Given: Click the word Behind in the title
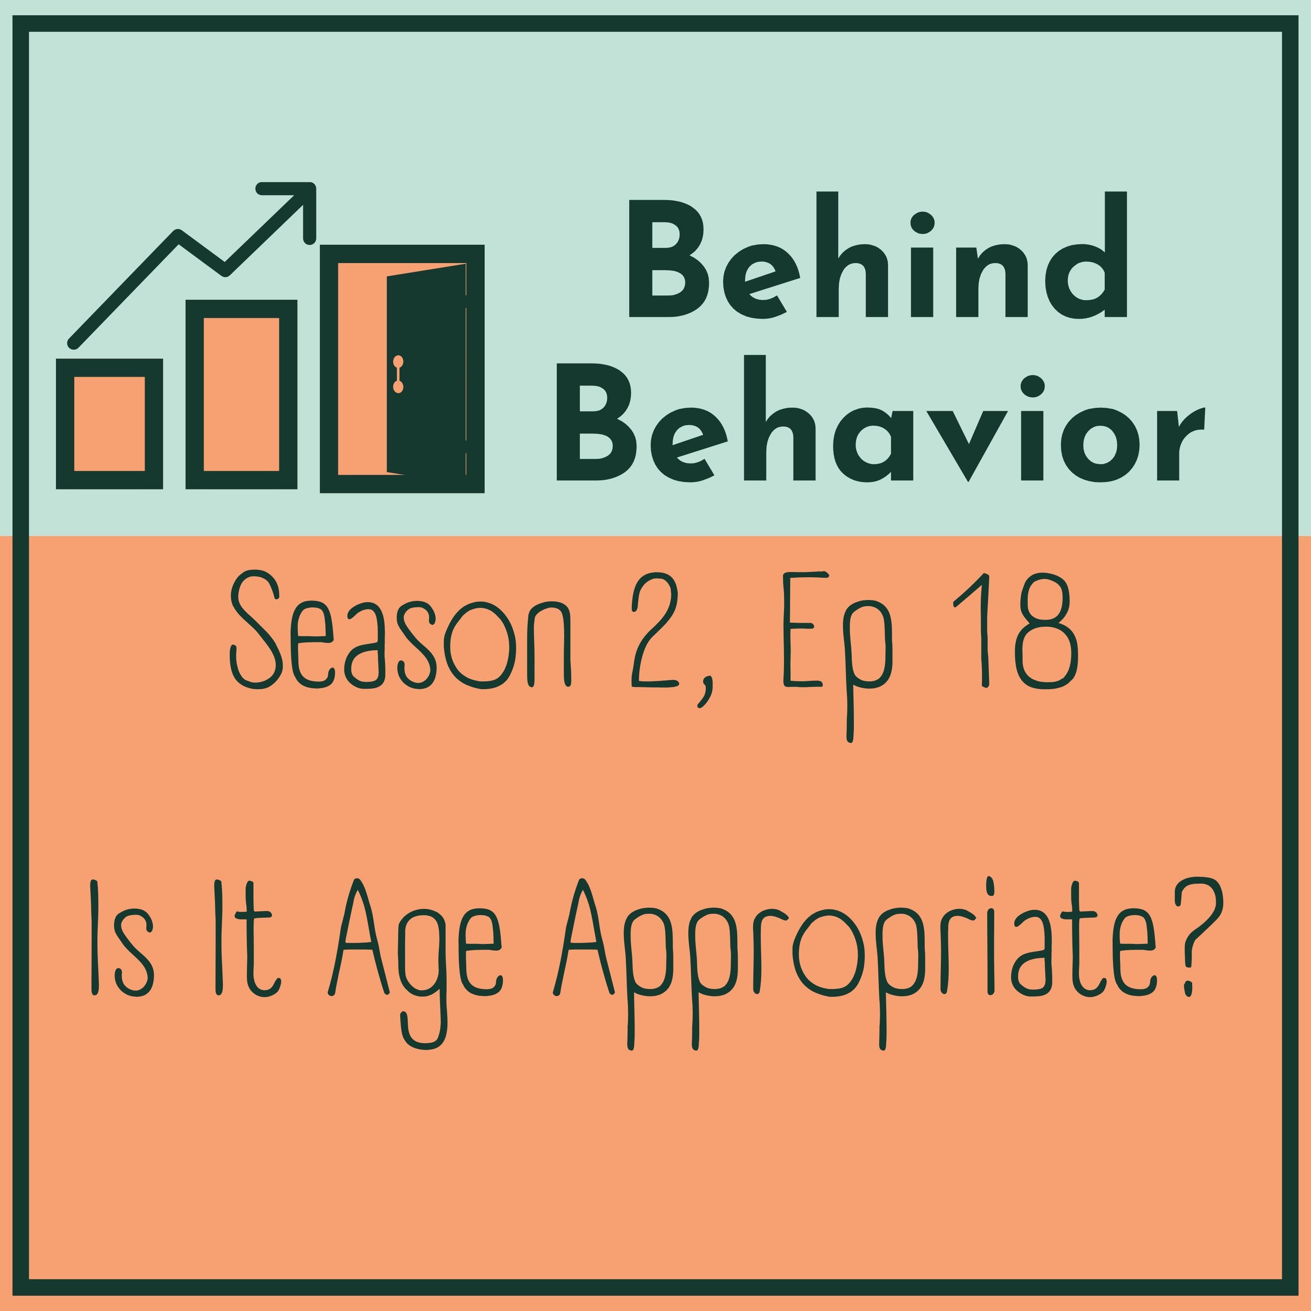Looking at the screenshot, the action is click(x=878, y=254).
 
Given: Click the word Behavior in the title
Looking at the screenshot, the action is click(x=880, y=418).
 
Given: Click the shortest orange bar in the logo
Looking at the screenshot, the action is click(x=109, y=423).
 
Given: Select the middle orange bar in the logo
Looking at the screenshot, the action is click(x=241, y=394).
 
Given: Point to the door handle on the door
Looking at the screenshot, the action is click(x=398, y=374).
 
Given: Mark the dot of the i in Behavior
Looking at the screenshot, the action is click(x=1032, y=386).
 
